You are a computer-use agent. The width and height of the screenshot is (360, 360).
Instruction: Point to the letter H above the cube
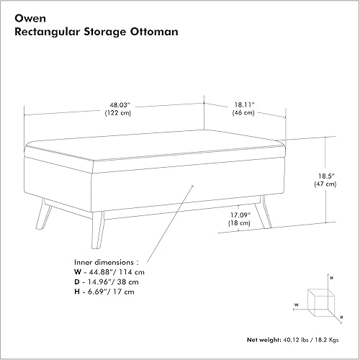tap(330, 277)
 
